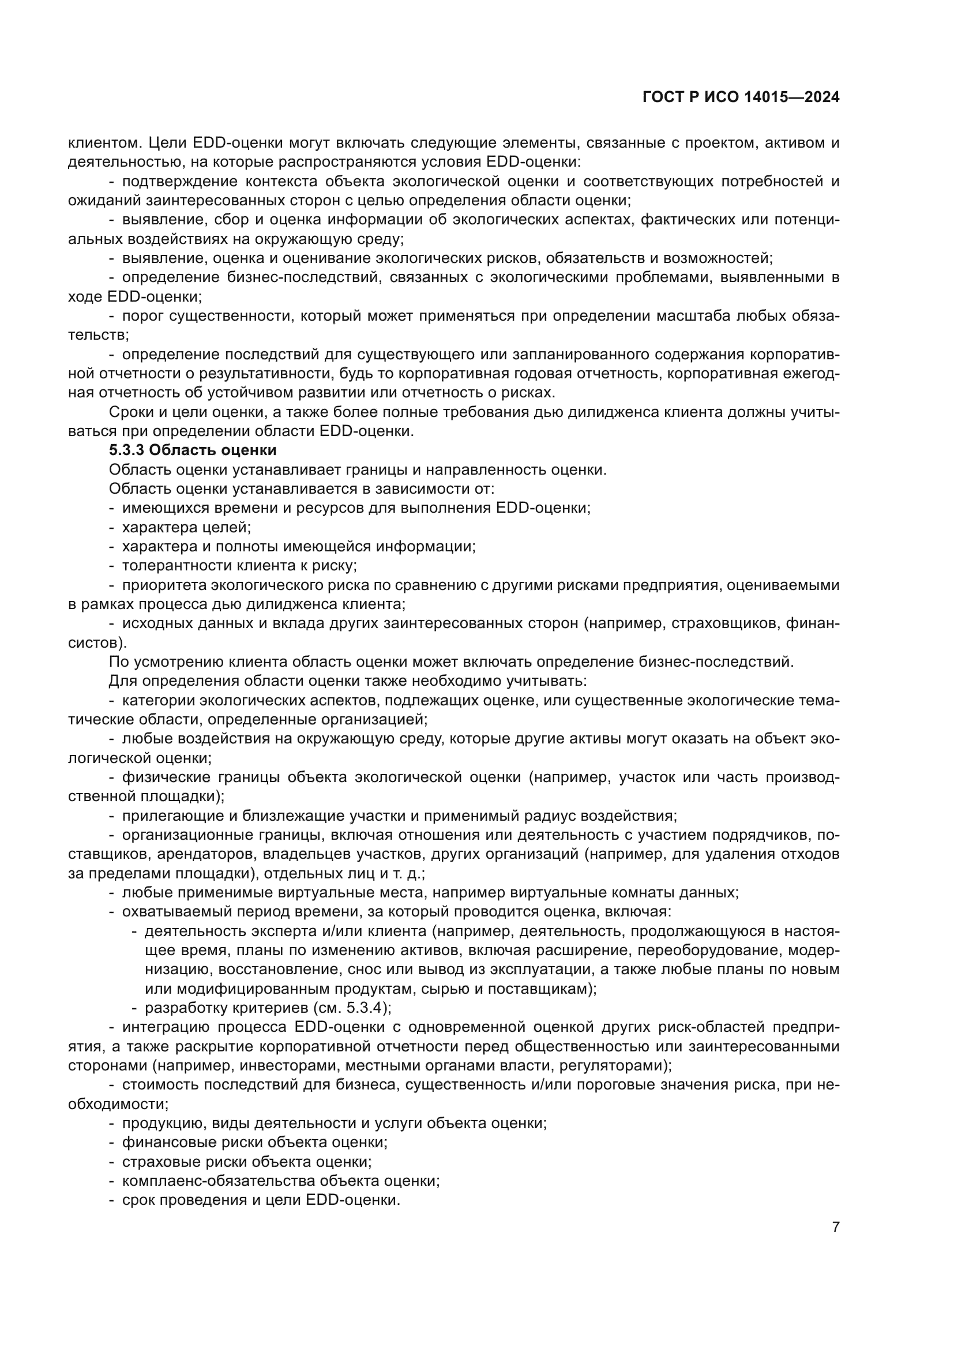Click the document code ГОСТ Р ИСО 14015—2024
[x=741, y=97]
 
